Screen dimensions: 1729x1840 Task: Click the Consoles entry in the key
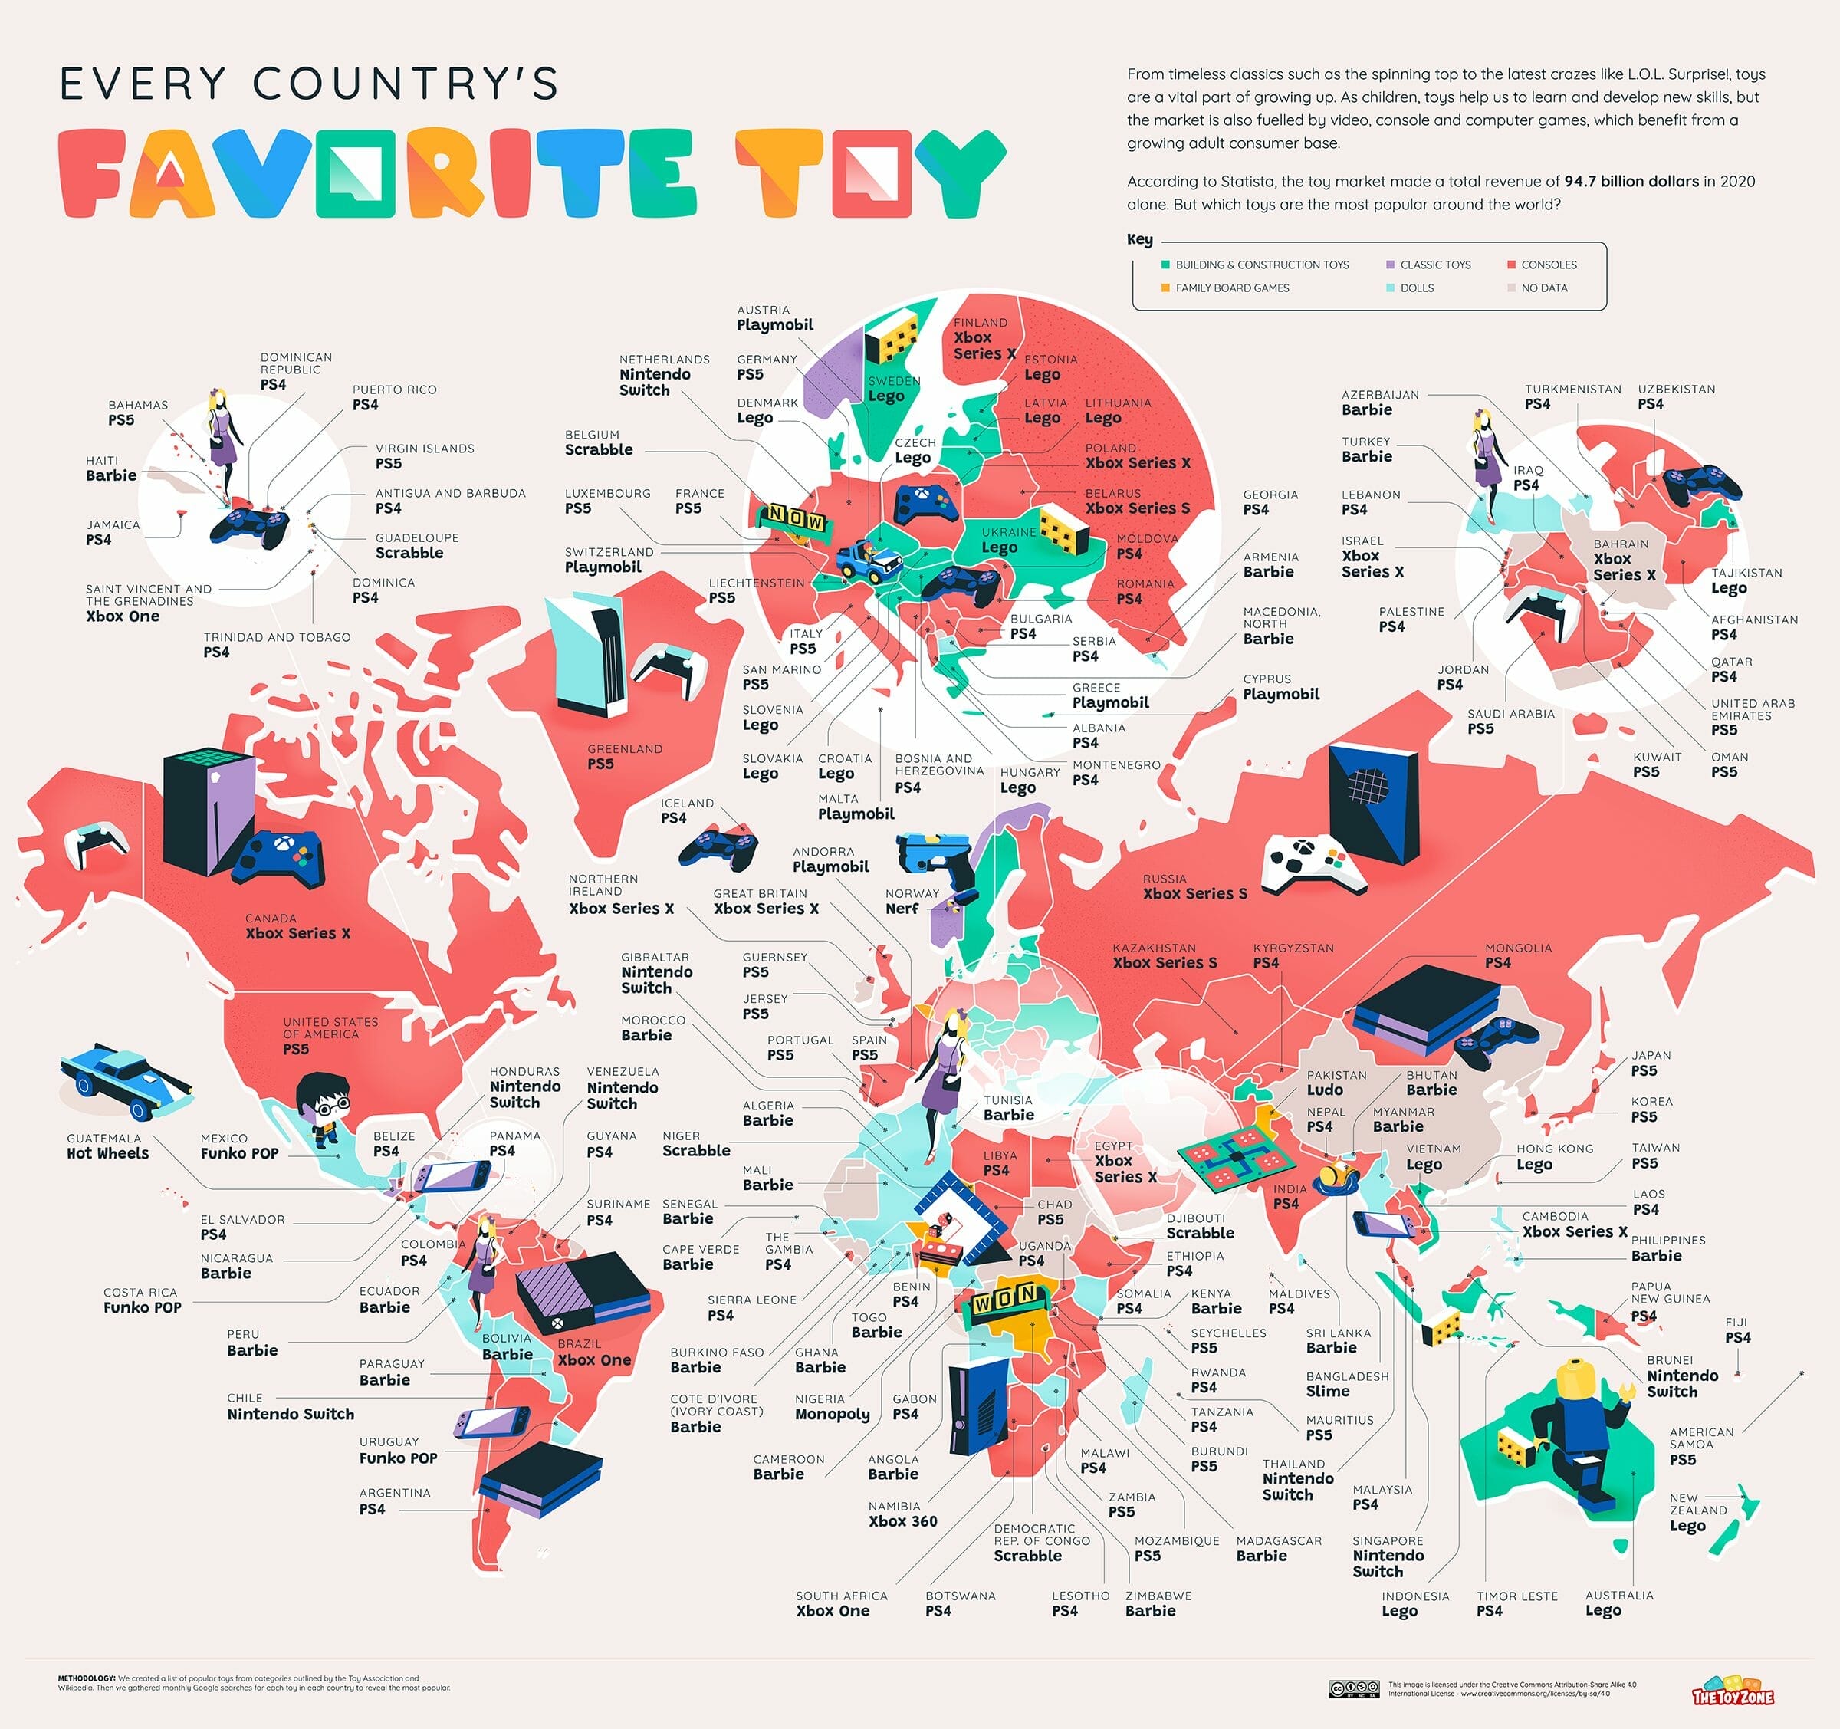tap(1548, 265)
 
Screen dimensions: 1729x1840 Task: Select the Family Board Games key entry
tap(1231, 288)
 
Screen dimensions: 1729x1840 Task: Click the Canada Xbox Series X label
tap(297, 926)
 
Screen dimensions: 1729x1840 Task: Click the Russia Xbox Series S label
tap(1194, 886)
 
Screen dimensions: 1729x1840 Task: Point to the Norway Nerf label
tap(911, 901)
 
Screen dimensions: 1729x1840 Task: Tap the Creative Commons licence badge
tap(1354, 1689)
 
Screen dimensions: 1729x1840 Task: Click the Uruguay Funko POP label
tap(398, 1451)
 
